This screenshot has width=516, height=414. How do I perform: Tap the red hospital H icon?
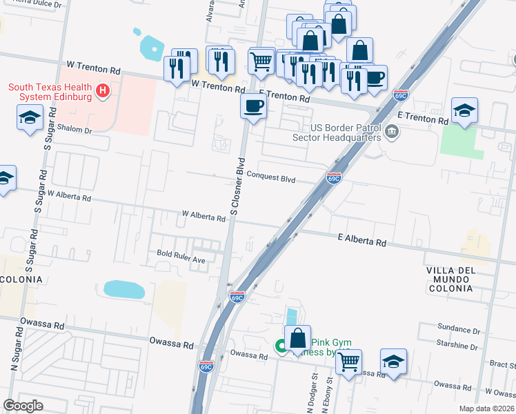point(103,90)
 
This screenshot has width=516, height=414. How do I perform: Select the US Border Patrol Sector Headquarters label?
point(346,132)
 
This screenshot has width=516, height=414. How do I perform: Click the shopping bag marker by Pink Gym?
point(297,339)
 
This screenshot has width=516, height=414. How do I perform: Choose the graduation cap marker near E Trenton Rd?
point(464,110)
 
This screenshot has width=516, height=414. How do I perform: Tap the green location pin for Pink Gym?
point(281,346)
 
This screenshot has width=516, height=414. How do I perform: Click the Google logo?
point(23,406)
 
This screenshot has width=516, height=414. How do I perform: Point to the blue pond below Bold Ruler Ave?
point(124,289)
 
